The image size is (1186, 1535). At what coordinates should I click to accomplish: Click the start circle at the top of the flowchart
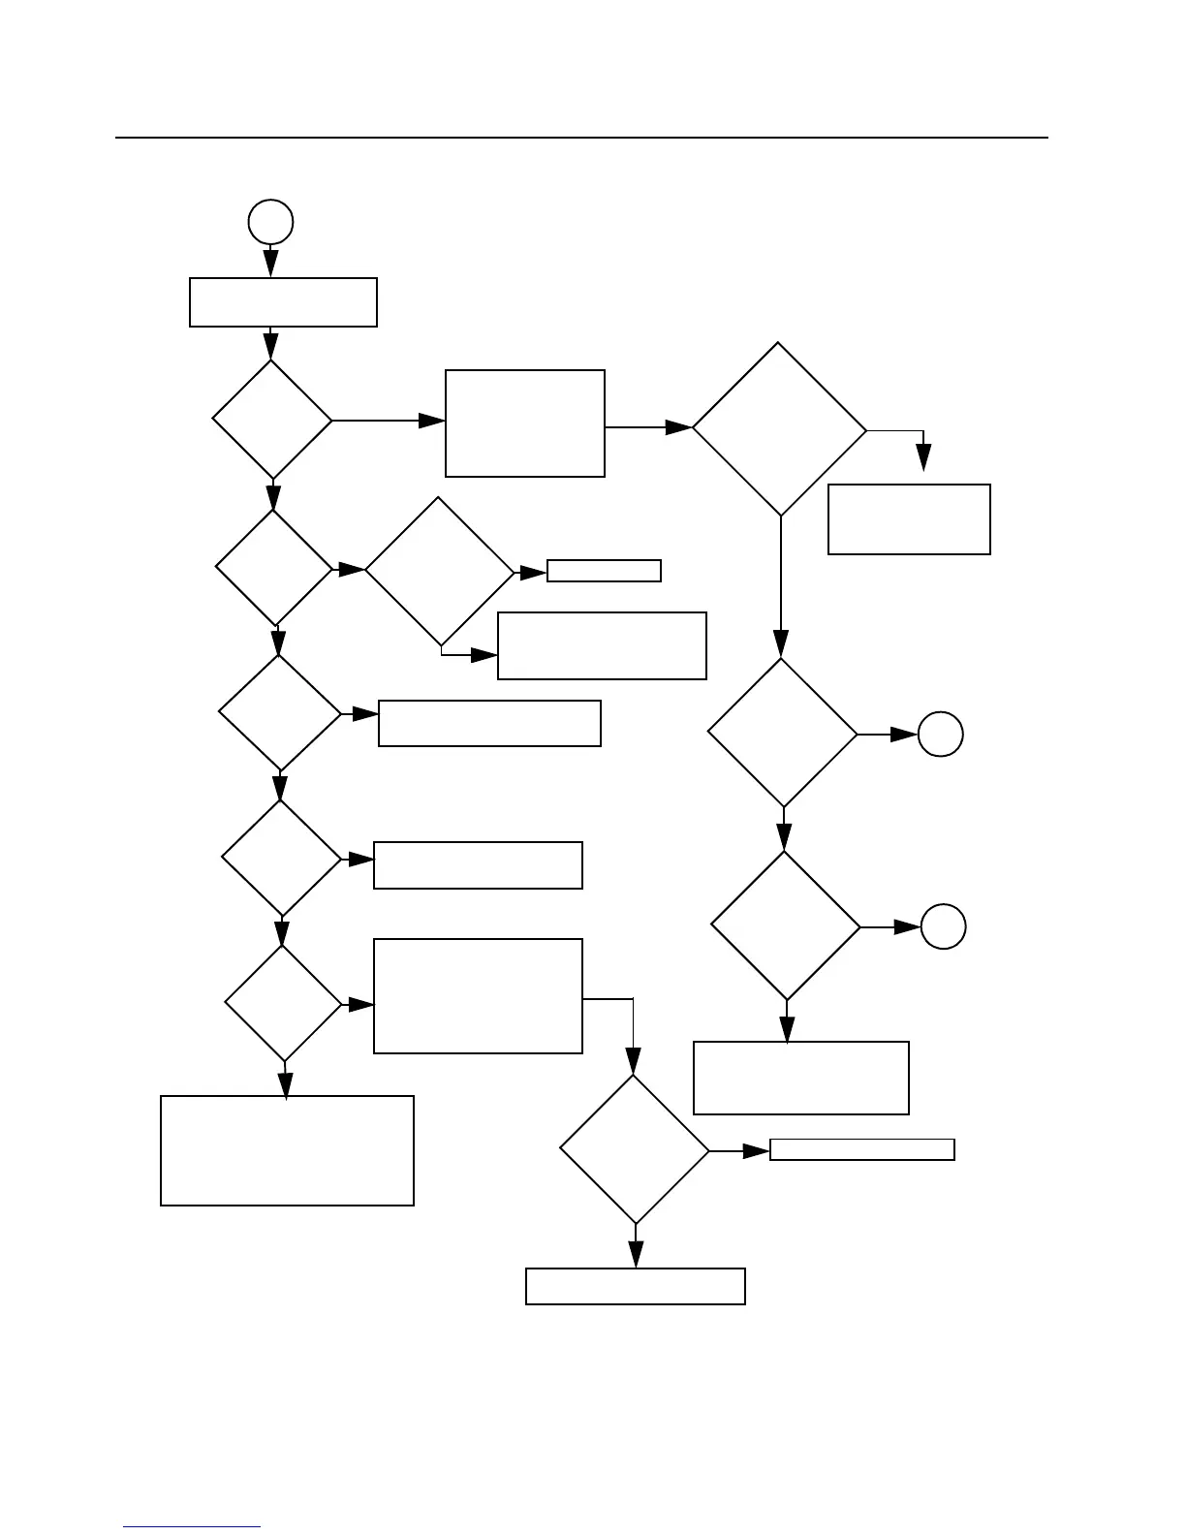tap(270, 222)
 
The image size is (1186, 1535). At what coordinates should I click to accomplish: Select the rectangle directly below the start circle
tap(283, 302)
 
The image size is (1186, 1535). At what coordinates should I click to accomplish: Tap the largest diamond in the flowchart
tap(779, 428)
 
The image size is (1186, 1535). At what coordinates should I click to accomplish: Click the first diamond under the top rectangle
tap(272, 420)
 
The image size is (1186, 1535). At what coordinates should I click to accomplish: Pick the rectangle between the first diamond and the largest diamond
tap(525, 423)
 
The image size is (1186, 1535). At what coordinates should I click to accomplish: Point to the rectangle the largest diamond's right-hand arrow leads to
tap(909, 519)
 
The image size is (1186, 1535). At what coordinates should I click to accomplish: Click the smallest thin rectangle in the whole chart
tap(604, 571)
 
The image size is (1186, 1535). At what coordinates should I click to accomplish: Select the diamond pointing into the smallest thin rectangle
tap(439, 572)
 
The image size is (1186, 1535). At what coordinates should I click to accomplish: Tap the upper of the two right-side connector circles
tap(940, 735)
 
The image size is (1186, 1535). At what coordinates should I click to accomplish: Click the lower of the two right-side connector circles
tap(943, 926)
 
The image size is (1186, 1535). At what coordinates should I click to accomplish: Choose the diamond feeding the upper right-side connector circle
tap(783, 733)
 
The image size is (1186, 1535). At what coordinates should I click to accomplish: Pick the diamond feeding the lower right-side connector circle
tap(786, 925)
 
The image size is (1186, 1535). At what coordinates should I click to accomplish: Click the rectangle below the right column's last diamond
tap(801, 1078)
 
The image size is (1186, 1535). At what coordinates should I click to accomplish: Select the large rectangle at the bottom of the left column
tap(287, 1150)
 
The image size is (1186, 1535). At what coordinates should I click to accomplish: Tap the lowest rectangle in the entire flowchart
tap(636, 1286)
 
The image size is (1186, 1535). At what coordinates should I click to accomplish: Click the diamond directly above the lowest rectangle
tap(635, 1149)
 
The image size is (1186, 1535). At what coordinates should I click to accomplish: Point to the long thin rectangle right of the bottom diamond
tap(862, 1149)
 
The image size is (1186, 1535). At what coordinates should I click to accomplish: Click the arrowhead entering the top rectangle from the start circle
tap(271, 264)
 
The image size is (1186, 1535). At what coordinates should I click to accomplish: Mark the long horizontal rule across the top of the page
tap(581, 138)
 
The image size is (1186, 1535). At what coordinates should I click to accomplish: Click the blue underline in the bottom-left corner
tap(192, 1526)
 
